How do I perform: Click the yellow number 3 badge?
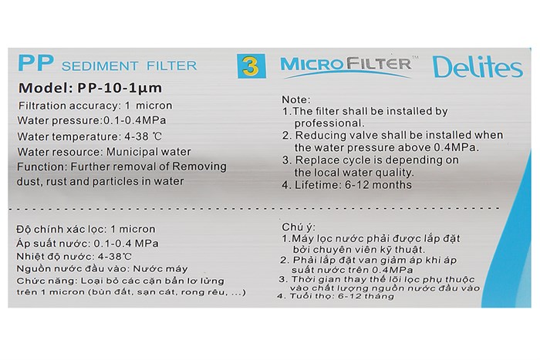coord(248,66)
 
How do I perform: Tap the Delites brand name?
coord(477,68)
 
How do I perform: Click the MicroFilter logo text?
coord(345,64)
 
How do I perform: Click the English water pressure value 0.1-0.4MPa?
coord(135,120)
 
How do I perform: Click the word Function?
coord(41,167)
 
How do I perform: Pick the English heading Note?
coord(296,99)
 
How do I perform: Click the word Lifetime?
coord(318,184)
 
